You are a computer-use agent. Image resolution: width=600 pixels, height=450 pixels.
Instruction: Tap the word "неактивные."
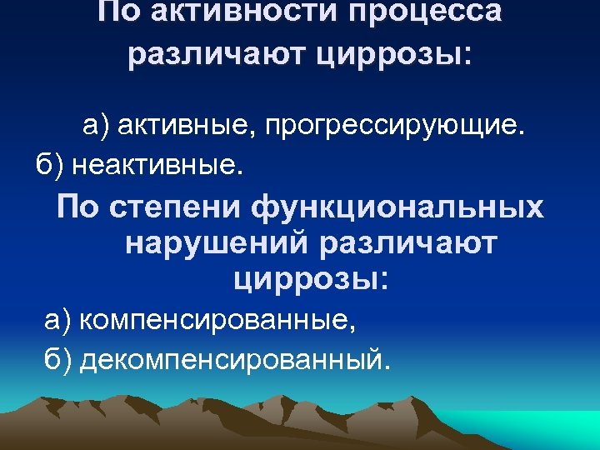click(x=158, y=166)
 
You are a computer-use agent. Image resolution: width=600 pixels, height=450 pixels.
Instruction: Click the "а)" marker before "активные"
click(x=96, y=126)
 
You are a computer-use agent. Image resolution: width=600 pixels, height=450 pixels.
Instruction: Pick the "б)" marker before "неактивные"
click(x=49, y=166)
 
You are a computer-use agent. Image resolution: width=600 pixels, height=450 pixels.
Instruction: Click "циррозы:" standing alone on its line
click(x=311, y=281)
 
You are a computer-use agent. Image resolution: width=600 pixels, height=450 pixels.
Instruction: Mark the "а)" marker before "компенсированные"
click(x=59, y=320)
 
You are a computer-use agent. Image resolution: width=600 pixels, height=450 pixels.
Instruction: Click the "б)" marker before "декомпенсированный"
click(x=59, y=359)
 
